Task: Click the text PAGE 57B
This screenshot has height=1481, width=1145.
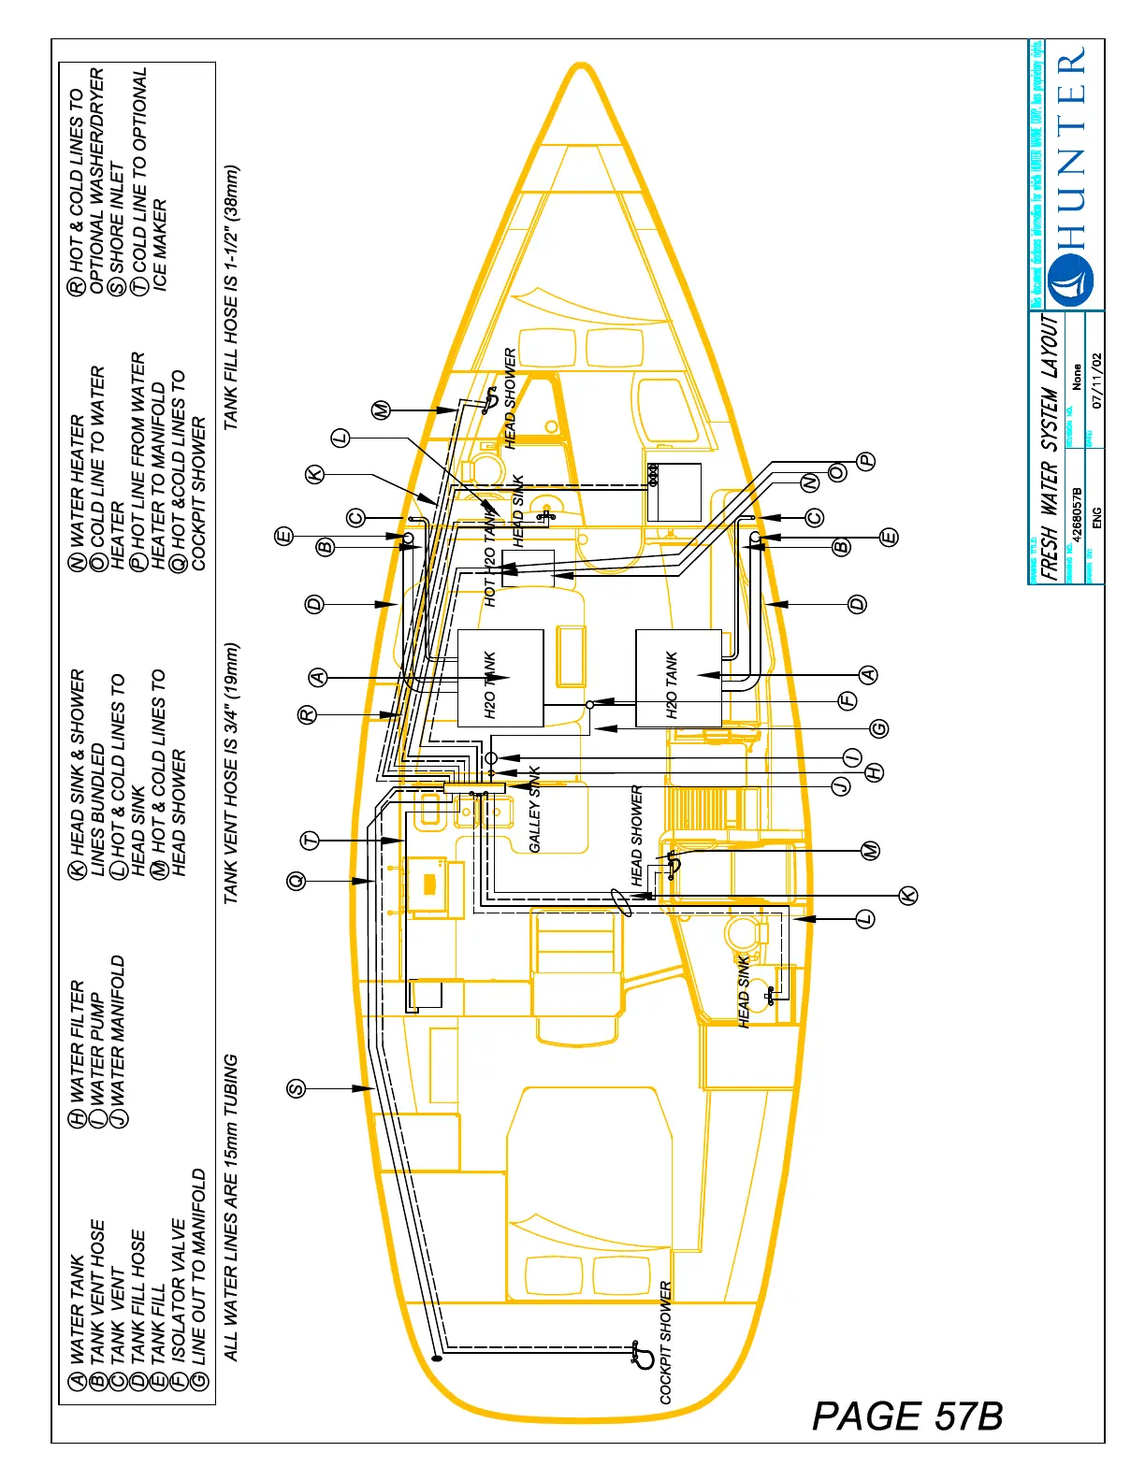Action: click(x=906, y=1416)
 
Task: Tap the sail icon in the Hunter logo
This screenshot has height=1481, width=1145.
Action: click(x=1070, y=280)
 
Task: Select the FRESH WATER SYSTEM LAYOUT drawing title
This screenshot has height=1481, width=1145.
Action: click(x=1051, y=448)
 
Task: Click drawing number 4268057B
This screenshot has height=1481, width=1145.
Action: click(x=1078, y=515)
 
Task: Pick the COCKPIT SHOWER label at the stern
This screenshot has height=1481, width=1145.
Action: click(x=666, y=1343)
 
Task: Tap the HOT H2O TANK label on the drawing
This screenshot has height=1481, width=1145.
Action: click(x=491, y=562)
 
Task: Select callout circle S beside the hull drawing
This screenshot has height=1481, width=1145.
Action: click(x=296, y=1088)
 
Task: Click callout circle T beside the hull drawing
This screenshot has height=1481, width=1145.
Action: click(x=311, y=841)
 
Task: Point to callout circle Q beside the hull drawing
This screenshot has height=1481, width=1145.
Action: click(x=297, y=881)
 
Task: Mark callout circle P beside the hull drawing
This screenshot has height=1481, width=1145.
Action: click(x=866, y=460)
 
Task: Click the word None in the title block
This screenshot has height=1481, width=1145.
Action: click(x=1077, y=378)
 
